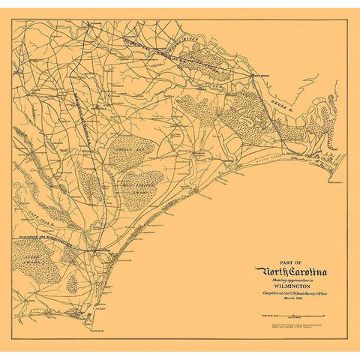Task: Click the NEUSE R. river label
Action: pyautogui.click(x=292, y=97)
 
